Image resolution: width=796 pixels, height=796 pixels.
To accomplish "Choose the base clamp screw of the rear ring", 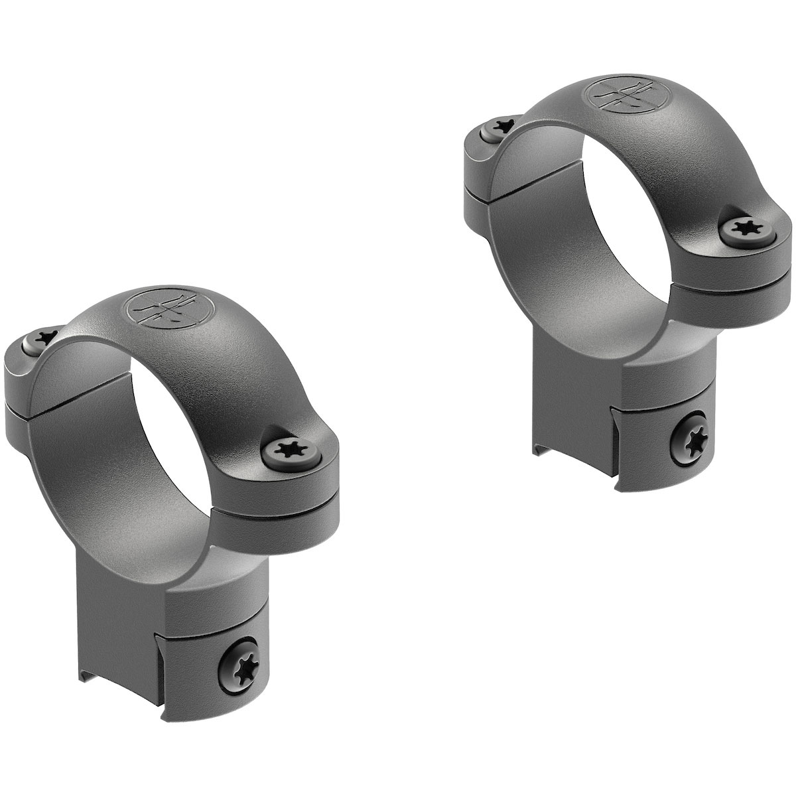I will click(695, 436).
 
